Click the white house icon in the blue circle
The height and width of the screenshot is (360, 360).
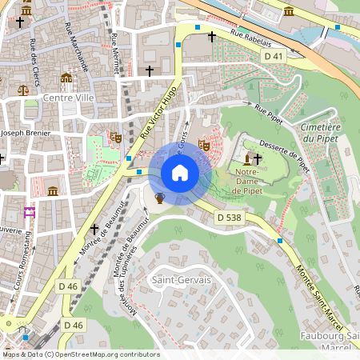(x=179, y=173)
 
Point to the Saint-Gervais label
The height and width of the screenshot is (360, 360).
(x=177, y=280)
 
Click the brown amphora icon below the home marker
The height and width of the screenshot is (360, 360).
(x=159, y=198)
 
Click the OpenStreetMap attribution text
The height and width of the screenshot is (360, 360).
(x=80, y=354)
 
